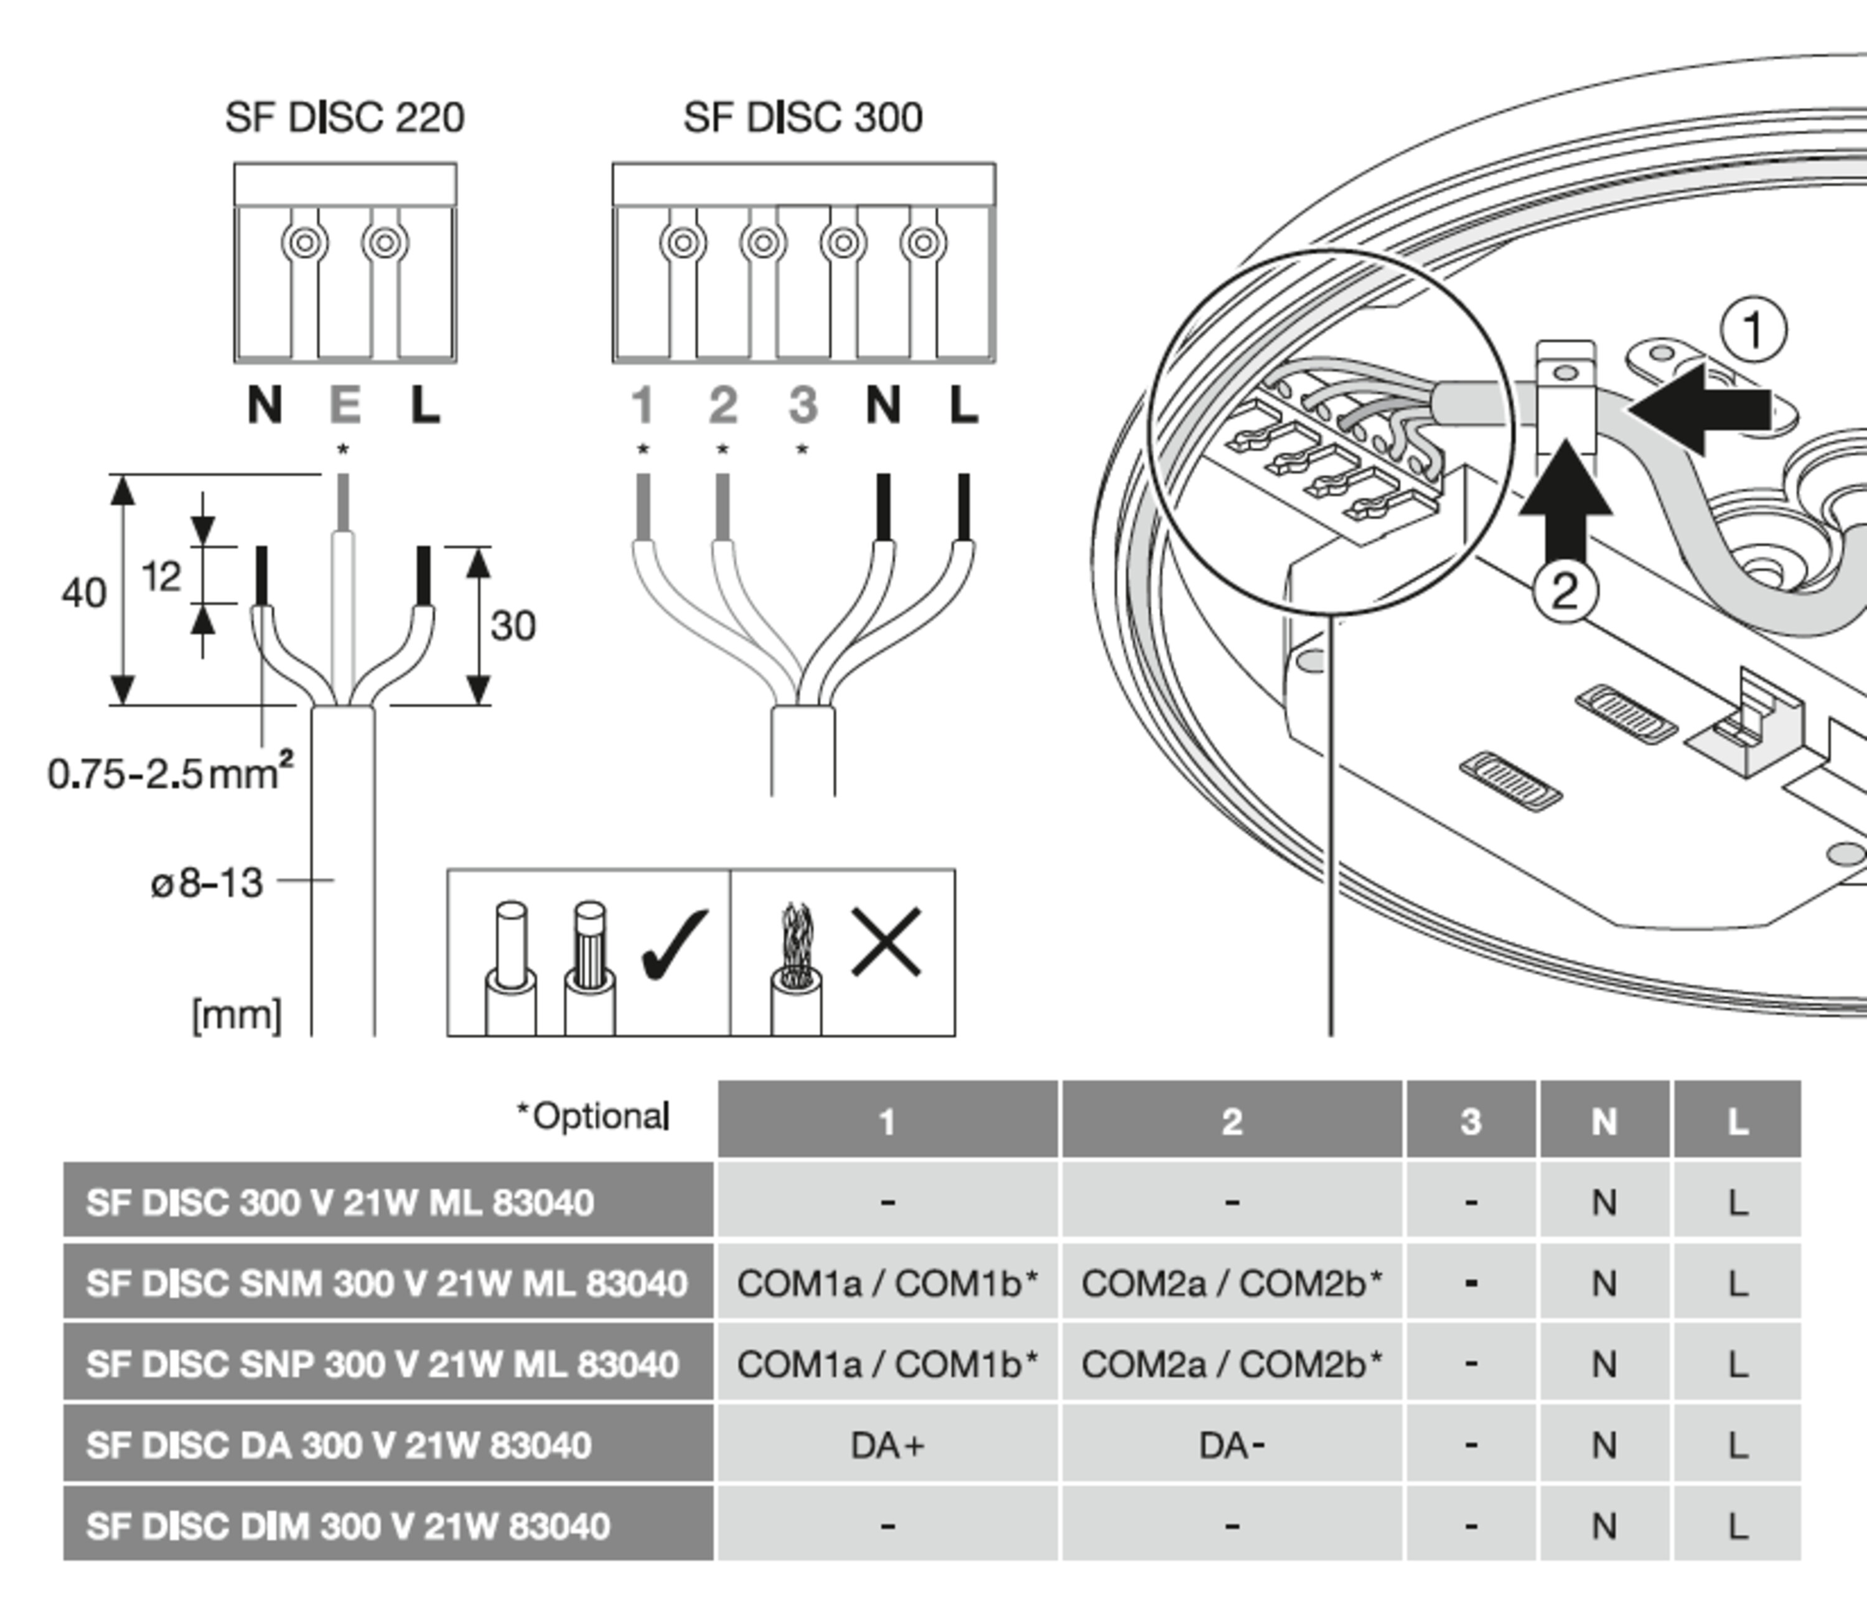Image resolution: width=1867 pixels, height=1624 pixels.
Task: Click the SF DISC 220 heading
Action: pos(344,118)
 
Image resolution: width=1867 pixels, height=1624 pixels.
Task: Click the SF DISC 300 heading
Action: pos(803,118)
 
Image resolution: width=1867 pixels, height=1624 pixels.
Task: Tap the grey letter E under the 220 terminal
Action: pos(344,405)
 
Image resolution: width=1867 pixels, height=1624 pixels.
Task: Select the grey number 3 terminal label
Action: pos(803,405)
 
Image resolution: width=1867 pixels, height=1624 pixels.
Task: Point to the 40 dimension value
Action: pos(83,594)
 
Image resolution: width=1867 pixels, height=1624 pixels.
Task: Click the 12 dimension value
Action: pos(161,576)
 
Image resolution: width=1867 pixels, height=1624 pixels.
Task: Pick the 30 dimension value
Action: pos(513,626)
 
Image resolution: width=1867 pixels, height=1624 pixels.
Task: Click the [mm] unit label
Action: pos(236,1015)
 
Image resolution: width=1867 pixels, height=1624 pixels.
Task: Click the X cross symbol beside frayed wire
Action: pos(886,943)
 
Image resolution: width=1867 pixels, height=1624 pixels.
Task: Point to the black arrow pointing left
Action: pos(1700,409)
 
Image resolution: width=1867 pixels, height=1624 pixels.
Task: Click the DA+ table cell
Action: pos(887,1445)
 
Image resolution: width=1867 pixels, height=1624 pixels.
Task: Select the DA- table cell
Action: pos(1231,1445)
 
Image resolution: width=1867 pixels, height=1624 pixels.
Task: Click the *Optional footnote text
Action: pos(594,1116)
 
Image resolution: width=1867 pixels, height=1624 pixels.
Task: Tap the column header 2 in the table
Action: pos(1231,1122)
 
